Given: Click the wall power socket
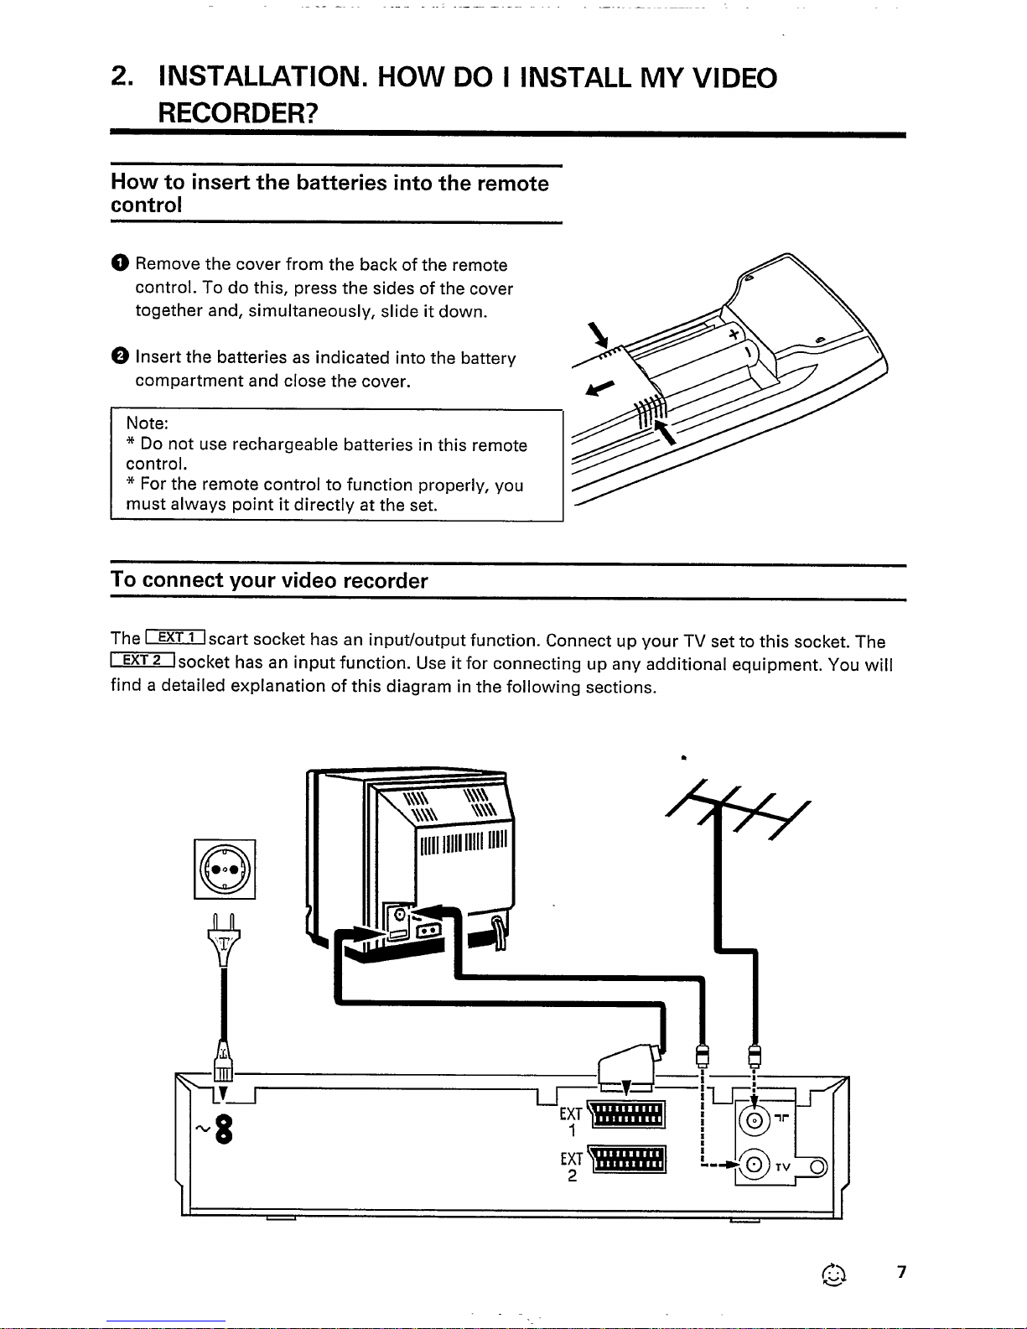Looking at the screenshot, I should (x=225, y=870).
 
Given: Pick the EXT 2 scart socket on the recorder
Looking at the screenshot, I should (x=628, y=1160).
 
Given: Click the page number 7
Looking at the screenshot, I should (x=901, y=1272).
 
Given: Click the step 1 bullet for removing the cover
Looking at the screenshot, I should (x=119, y=265).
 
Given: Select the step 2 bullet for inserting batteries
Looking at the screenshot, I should (x=119, y=357).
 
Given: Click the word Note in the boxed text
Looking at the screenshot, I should (x=147, y=423).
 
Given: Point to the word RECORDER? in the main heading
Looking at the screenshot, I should (x=237, y=112).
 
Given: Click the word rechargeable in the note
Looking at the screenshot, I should (x=285, y=444).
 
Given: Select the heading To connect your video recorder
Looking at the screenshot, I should (x=269, y=581).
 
